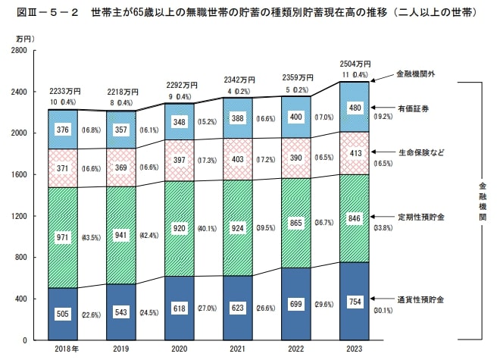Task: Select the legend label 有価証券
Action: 414,109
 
